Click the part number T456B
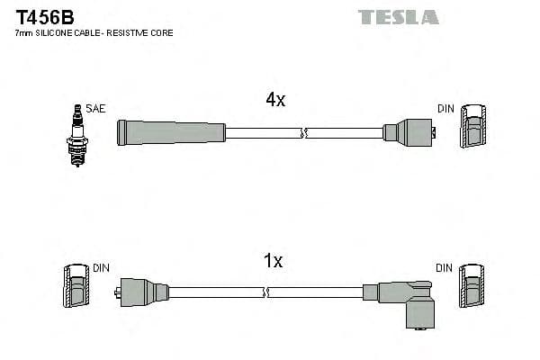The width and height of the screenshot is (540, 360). click(43, 15)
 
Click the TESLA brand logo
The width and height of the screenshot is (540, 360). click(398, 16)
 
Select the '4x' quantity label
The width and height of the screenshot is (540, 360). click(275, 101)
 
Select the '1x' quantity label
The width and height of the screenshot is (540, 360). click(273, 261)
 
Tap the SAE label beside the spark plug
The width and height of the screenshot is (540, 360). click(96, 109)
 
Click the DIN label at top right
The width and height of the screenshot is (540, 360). click(445, 109)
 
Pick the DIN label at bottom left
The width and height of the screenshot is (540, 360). click(101, 268)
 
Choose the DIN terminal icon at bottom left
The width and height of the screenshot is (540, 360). click(76, 287)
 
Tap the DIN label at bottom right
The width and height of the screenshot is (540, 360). click(445, 268)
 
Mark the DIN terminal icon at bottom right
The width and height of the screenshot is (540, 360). click(472, 287)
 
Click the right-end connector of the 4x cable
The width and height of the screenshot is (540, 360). click(409, 132)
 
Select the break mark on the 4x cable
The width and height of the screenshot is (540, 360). click(304, 133)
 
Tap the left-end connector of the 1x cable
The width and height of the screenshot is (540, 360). click(142, 292)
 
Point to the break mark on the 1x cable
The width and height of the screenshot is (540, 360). click(267, 292)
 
